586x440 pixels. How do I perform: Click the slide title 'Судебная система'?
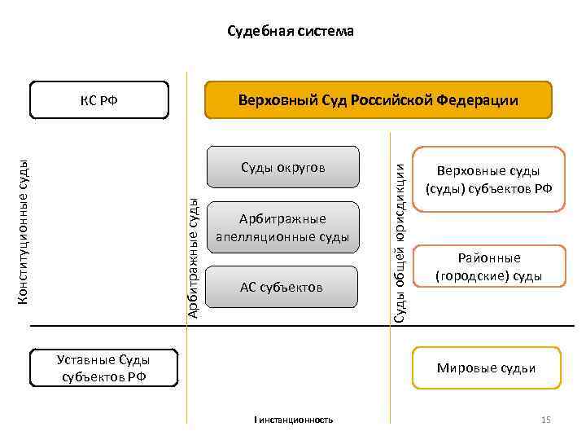coord(291,32)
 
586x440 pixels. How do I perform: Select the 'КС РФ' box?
coord(98,101)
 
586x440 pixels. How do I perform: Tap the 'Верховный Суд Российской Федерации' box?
coord(378,101)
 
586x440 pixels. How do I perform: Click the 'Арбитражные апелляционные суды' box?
coord(282,228)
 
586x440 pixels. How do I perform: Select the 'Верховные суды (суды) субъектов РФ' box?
coord(488,179)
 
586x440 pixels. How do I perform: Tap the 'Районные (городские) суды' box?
coord(488,267)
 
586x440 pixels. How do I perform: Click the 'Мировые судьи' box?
coord(487,367)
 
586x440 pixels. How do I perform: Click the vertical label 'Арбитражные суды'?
coord(192,257)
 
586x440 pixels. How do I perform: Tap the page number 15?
coord(546,420)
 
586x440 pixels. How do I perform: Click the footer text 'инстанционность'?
coord(295,420)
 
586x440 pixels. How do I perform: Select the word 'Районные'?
coord(488,258)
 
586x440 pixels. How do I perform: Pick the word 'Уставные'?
coord(86,359)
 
